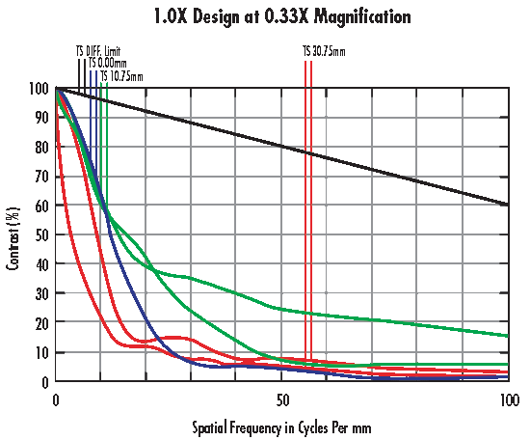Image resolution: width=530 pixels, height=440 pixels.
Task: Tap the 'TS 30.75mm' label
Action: [x=322, y=50]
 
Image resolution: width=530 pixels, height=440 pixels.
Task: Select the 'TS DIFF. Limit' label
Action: [x=98, y=50]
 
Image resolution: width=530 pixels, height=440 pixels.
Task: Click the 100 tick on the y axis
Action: [x=39, y=88]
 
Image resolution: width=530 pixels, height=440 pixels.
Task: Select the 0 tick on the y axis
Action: [x=45, y=381]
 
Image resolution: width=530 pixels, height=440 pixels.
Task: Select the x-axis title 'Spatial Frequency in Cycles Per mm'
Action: [x=281, y=426]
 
